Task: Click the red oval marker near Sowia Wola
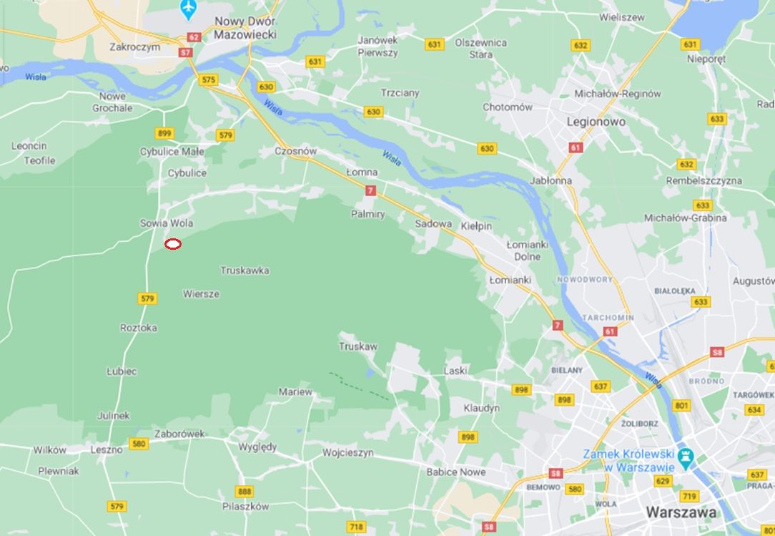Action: click(173, 244)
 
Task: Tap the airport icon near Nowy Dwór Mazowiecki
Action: click(188, 9)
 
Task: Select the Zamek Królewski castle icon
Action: click(685, 455)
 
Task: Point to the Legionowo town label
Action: click(596, 122)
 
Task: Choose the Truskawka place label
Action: click(245, 271)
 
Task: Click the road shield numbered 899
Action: click(164, 133)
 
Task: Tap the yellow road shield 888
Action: click(245, 492)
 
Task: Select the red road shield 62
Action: click(194, 37)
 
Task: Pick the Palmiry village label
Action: click(367, 214)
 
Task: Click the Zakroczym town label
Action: click(134, 47)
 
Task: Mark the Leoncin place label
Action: click(29, 146)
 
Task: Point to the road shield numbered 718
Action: click(355, 527)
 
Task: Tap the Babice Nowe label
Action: click(455, 472)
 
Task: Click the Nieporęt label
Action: click(706, 59)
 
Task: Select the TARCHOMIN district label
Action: click(608, 318)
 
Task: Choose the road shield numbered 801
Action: click(681, 406)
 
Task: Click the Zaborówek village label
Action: click(179, 434)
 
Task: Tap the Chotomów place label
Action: click(508, 107)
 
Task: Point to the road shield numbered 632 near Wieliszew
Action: click(581, 46)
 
